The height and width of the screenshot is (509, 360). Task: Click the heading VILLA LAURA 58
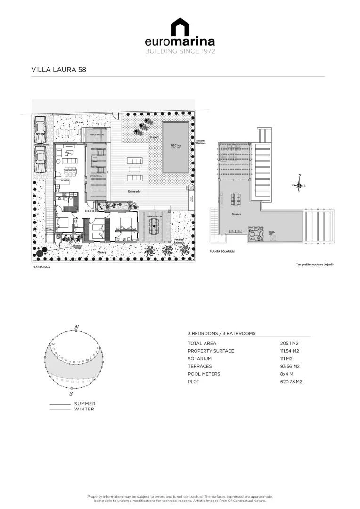coord(58,69)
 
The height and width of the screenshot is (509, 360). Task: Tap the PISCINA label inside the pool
coord(176,146)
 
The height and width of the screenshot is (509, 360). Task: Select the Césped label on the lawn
coord(153,137)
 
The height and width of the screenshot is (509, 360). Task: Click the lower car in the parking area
coord(41,160)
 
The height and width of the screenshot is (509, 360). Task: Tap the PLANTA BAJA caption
coord(41,267)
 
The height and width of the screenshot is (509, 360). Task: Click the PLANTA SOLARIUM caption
coord(222,251)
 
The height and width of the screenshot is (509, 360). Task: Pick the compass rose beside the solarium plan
coord(299,185)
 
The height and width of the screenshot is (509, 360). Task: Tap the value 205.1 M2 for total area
coord(290,343)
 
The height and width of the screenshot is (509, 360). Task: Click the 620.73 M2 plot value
coord(292,381)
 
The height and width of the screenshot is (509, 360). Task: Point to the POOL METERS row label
coord(204,374)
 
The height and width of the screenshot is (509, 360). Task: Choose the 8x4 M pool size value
coord(287,374)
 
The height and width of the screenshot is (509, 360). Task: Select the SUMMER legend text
coord(85,404)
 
